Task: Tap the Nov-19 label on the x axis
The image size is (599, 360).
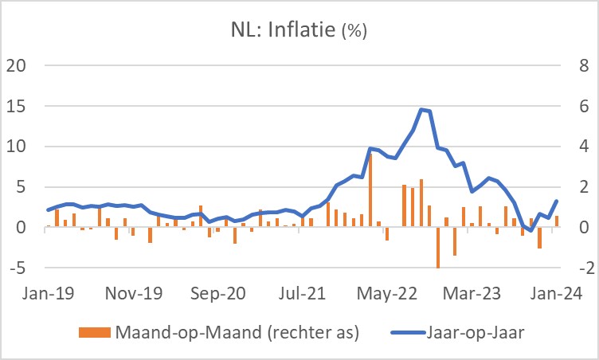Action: point(134,293)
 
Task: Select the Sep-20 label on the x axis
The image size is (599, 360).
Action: point(219,293)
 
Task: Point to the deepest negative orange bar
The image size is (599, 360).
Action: point(438,247)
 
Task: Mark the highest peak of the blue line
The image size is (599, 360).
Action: point(422,110)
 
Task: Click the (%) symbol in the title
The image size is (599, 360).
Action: point(354,33)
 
